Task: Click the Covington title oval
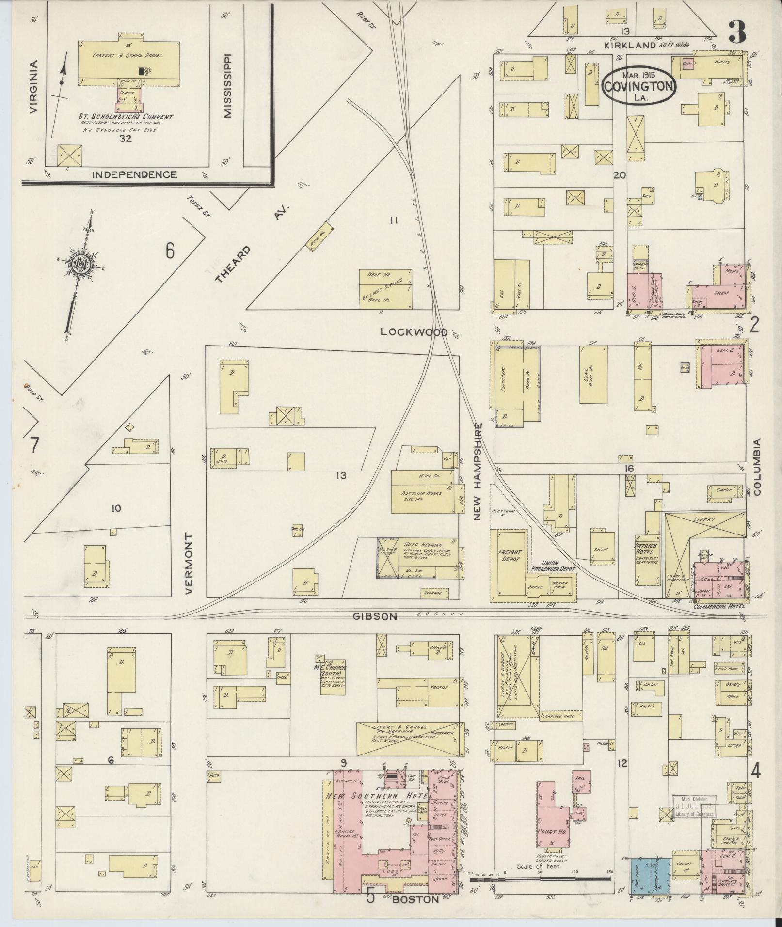638,84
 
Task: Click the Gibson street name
382,616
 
